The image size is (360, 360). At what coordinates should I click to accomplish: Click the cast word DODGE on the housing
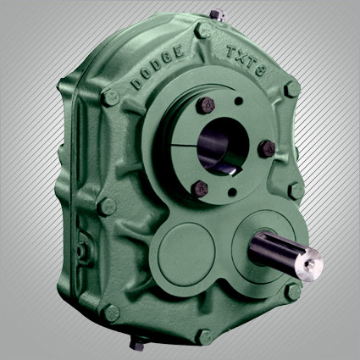pyautogui.click(x=158, y=67)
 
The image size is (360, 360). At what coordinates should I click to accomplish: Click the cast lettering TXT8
pyautogui.click(x=246, y=61)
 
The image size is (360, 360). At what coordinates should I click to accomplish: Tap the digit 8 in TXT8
pyautogui.click(x=260, y=71)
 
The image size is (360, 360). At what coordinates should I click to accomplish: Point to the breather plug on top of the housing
pyautogui.click(x=218, y=14)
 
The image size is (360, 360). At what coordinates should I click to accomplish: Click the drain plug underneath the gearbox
pyautogui.click(x=137, y=342)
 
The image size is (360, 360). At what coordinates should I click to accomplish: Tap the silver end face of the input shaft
pyautogui.click(x=311, y=264)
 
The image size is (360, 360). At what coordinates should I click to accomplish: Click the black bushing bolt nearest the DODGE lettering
pyautogui.click(x=205, y=105)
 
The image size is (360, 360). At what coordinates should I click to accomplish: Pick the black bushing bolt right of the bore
pyautogui.click(x=267, y=149)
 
